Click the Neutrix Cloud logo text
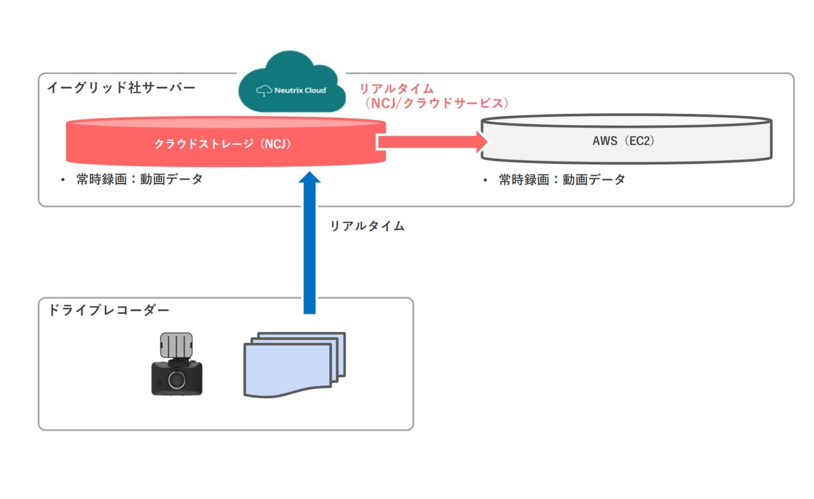(300, 90)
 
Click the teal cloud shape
(291, 72)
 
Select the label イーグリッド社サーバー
(121, 88)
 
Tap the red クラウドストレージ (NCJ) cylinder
(223, 144)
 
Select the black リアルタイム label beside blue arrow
(367, 226)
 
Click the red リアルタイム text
(396, 88)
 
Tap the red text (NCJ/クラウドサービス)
(437, 103)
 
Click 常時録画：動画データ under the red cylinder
(140, 179)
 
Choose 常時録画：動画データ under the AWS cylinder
(562, 180)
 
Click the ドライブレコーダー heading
(108, 310)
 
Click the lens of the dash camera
(177, 380)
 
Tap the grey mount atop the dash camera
(176, 345)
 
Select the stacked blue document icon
(293, 365)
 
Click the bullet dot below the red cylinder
(63, 180)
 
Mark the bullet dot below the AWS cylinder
(485, 180)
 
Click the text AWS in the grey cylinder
(605, 141)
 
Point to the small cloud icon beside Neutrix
(264, 91)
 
